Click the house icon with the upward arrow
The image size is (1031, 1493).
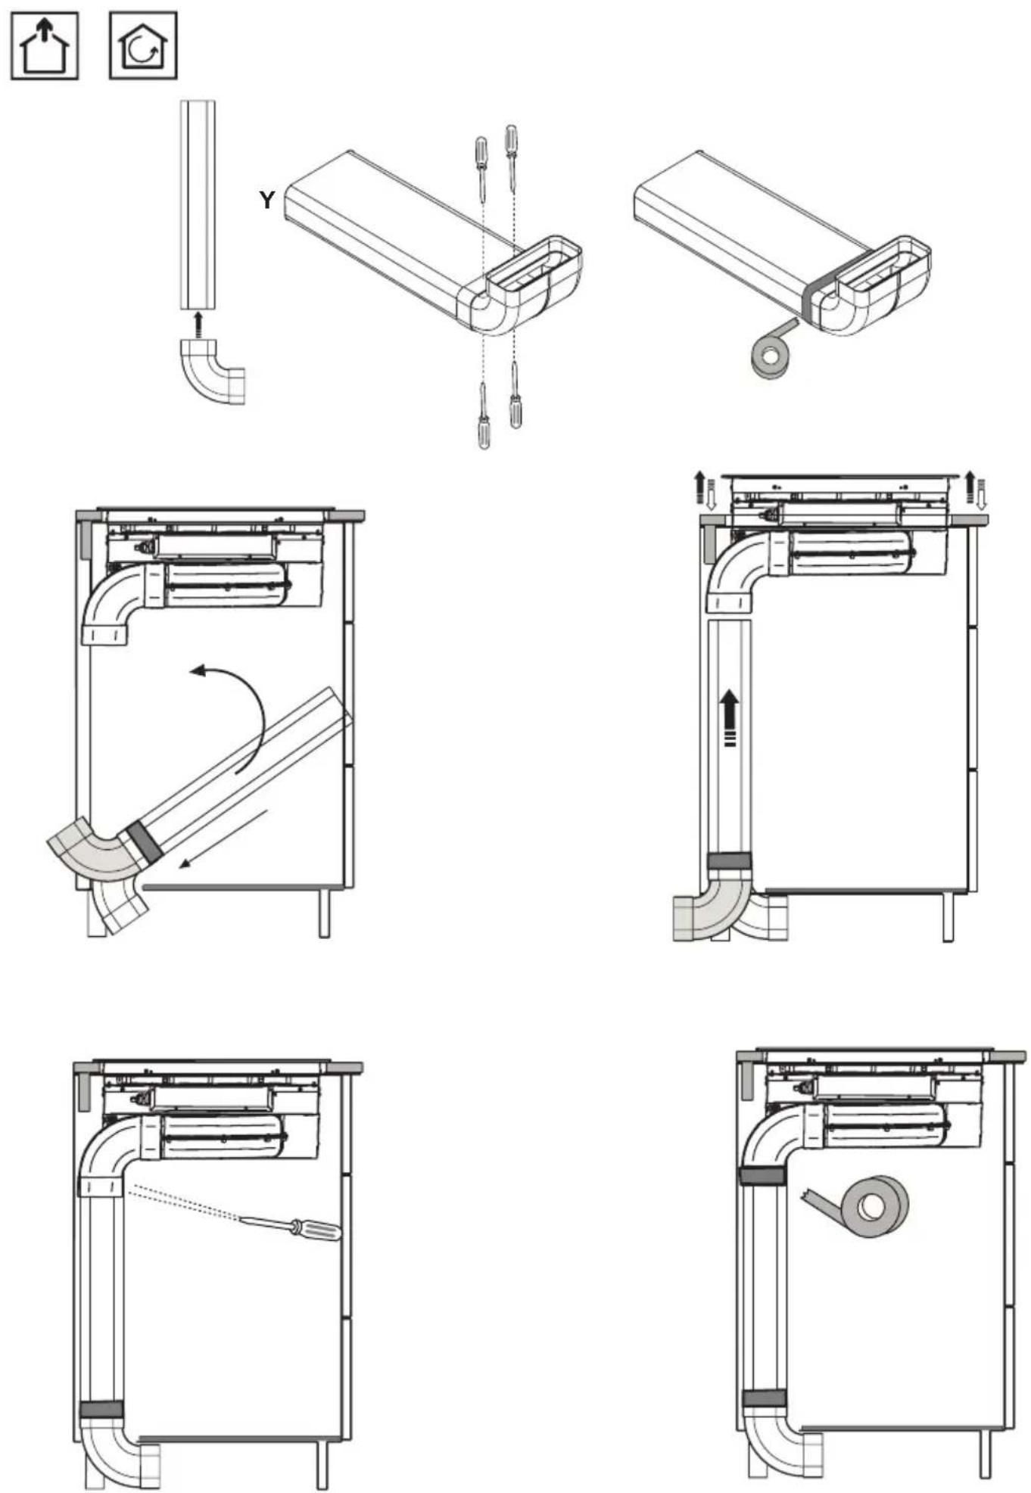coord(45,45)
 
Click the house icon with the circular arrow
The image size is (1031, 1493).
coord(143,45)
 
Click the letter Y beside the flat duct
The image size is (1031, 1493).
coord(266,200)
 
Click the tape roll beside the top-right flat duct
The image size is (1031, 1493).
coord(771,350)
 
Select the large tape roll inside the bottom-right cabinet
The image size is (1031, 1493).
coord(867,1208)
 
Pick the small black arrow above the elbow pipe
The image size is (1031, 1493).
coord(198,324)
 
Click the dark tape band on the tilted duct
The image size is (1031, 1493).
coord(145,841)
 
